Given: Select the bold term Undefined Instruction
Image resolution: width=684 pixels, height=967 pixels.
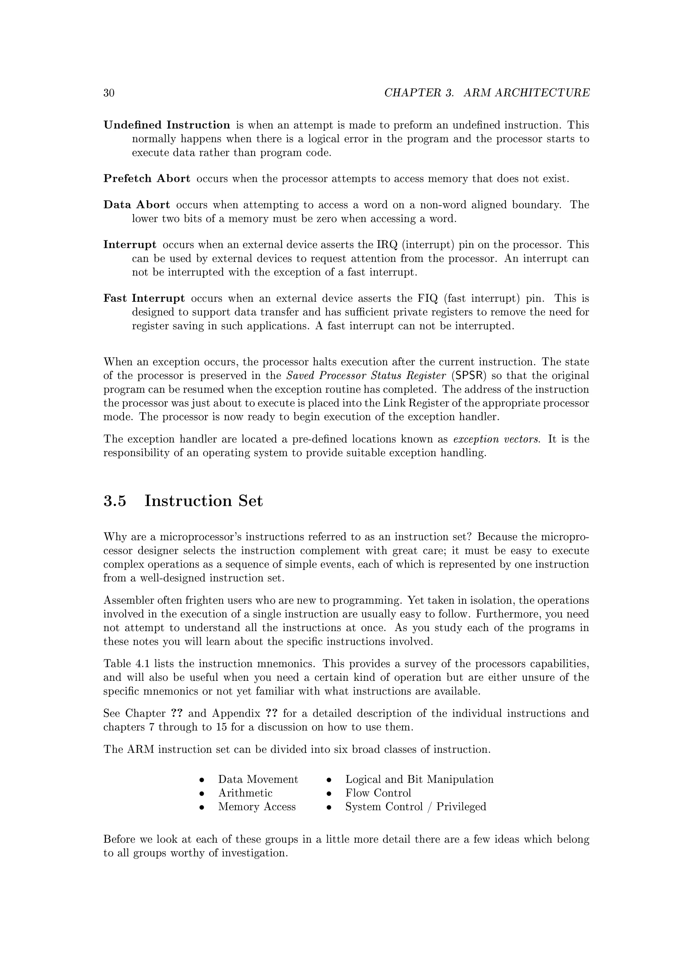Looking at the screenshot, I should point(167,125).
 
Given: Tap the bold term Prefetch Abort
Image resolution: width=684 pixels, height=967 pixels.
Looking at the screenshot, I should point(147,179).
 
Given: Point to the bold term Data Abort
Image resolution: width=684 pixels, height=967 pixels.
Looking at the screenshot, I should point(137,205).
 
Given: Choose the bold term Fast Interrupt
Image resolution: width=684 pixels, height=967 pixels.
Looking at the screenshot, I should point(144,299).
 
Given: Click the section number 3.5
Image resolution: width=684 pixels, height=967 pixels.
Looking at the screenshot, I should point(115,501).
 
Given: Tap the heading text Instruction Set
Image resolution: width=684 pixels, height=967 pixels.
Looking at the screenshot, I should point(203,501).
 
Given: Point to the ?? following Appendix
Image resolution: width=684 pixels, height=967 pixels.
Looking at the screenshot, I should point(272,714).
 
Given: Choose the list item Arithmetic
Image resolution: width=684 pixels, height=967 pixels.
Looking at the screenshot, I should point(245,793).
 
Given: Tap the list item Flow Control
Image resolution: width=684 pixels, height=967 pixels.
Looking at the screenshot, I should point(378,793).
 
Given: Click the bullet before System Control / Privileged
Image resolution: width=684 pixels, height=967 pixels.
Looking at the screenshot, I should point(329,807).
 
